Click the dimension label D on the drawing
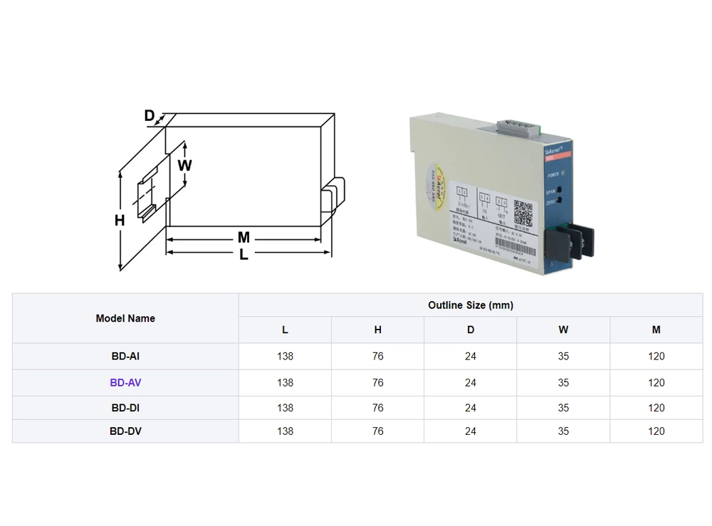150,116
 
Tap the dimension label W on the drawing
185,165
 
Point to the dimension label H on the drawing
120,221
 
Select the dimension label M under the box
244,238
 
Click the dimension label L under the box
244,254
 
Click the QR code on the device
523,213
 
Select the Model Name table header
125,318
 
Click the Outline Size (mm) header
471,305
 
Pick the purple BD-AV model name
125,382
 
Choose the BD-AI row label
125,356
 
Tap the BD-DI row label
125,408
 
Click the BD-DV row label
125,431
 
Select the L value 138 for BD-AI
285,356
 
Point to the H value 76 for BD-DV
377,431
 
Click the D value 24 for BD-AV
471,382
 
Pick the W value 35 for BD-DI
563,408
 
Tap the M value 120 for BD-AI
656,356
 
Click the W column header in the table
563,330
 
